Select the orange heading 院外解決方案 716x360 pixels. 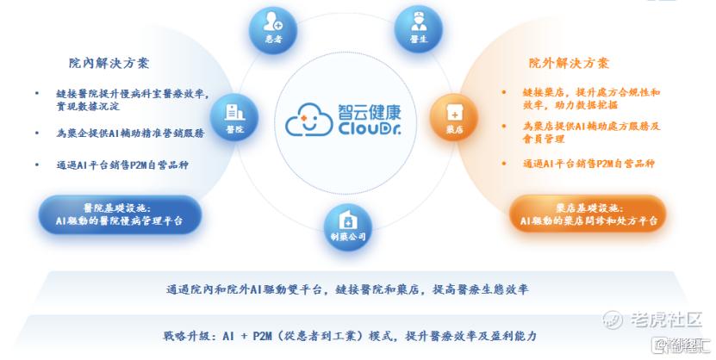click(569, 63)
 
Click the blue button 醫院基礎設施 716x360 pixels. click(121, 214)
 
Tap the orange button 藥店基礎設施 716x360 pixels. click(588, 214)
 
